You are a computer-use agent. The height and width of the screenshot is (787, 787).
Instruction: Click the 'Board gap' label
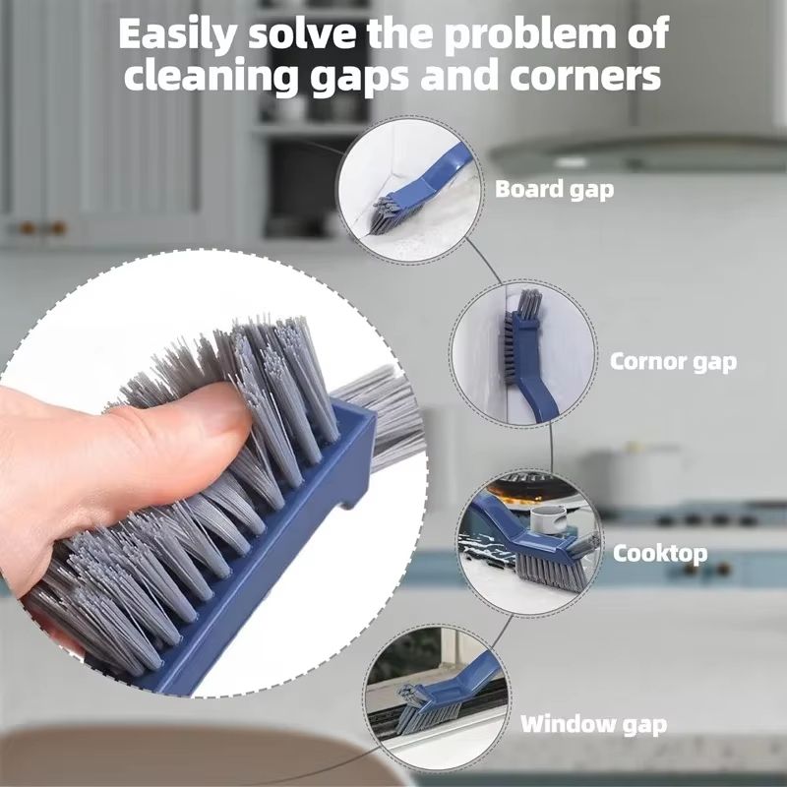pyautogui.click(x=554, y=189)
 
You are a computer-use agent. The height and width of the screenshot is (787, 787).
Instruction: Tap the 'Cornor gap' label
pyautogui.click(x=673, y=361)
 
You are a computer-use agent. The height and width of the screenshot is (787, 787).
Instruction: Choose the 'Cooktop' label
pyautogui.click(x=660, y=553)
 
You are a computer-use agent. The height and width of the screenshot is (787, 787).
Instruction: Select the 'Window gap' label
pyautogui.click(x=593, y=726)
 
